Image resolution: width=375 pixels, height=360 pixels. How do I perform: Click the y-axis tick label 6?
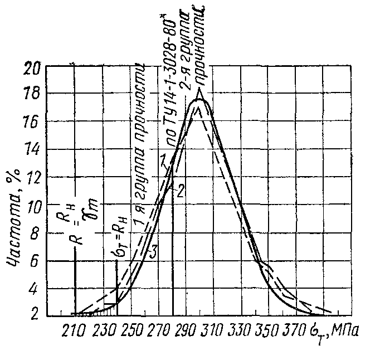coord(37,261)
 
